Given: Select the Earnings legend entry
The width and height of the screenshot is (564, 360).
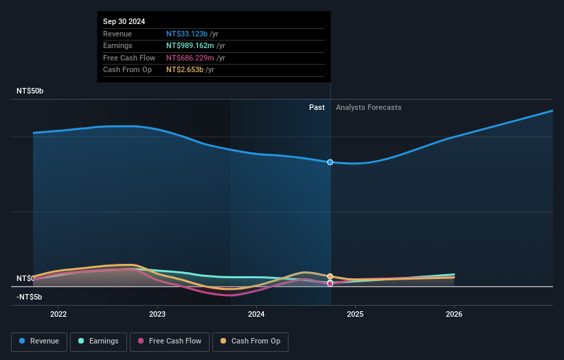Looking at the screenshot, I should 98,341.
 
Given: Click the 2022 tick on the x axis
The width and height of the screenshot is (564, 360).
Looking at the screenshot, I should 58,314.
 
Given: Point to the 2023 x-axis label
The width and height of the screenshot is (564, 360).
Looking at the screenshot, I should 157,314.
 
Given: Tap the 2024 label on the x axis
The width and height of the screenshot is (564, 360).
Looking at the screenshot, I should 256,314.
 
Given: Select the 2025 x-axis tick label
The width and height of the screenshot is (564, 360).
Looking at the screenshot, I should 355,314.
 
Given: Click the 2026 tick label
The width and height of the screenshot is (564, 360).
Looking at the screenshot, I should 454,314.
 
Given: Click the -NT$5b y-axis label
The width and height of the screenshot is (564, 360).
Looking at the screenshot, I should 30,297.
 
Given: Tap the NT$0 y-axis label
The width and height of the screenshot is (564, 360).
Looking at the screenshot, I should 25,278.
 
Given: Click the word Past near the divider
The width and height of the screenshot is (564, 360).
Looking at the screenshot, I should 317,107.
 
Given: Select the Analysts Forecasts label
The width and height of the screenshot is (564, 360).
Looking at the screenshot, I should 368,107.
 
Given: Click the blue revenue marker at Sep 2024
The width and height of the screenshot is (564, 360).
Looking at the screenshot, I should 330,162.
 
